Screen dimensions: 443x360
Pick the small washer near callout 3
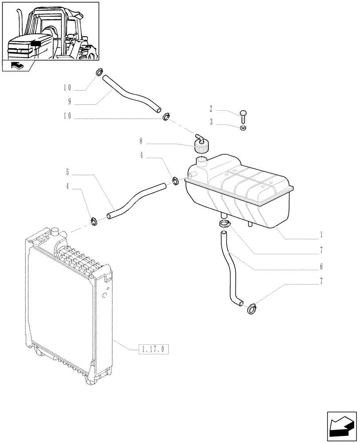(243, 128)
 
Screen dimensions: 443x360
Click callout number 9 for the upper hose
(70, 101)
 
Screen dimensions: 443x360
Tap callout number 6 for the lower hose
(321, 267)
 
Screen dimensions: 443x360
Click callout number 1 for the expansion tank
(321, 234)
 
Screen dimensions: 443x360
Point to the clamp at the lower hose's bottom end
(251, 306)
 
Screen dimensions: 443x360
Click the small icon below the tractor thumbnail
(18, 66)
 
